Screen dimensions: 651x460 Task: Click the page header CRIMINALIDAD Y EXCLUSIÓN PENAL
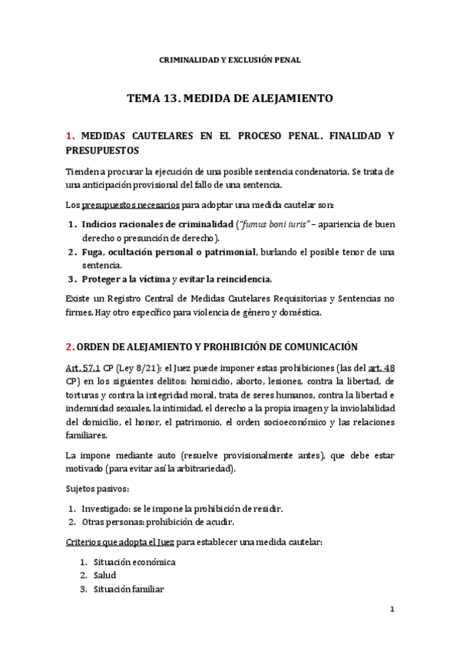click(230, 58)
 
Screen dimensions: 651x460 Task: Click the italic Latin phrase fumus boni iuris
click(275, 223)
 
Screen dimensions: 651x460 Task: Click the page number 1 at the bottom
click(391, 610)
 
